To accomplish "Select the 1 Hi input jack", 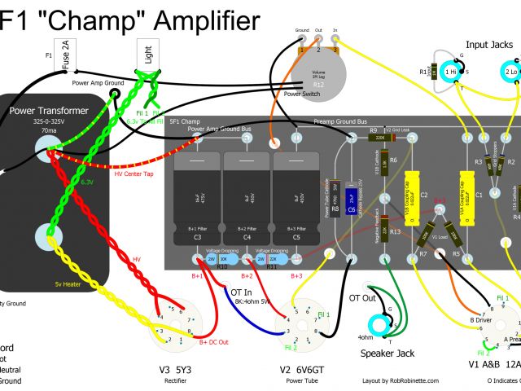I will (449, 72).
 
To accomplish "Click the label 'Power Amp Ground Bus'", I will (217, 129).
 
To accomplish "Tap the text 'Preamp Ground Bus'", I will (340, 121).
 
